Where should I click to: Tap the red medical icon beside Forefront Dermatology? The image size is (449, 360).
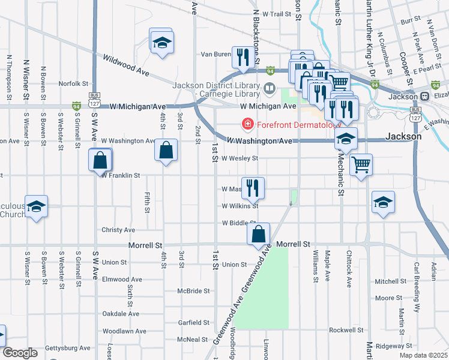246,125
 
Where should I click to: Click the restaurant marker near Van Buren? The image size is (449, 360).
243,58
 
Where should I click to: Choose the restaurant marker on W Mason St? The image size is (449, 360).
253,188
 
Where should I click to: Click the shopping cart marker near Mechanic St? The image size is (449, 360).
361,164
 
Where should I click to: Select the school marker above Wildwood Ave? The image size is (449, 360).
161,43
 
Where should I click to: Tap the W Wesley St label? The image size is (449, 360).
240,159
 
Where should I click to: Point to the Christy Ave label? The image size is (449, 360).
118,230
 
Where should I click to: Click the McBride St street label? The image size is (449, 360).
193,291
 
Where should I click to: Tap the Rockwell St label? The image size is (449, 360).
347,330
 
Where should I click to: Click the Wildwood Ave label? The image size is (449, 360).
126,62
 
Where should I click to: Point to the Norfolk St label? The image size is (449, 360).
74,84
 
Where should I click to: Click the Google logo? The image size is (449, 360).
19,353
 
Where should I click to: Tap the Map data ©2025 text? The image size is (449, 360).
424,355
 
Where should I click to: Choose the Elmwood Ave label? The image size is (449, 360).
122,280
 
